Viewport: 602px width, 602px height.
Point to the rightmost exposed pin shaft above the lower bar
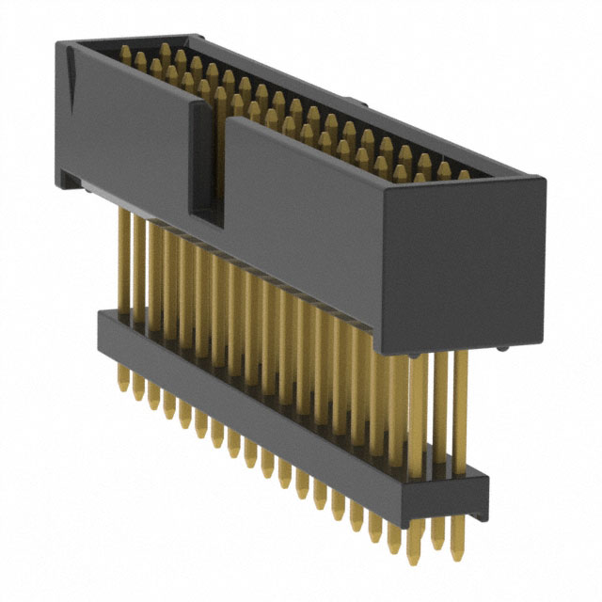click(460, 414)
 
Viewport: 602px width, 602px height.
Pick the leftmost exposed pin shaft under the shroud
click(122, 254)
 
